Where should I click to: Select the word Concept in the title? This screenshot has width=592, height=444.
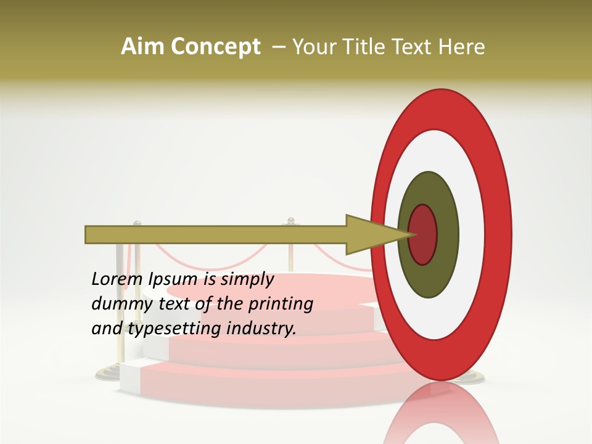[215, 47]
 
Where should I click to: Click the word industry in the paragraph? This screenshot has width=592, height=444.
[261, 329]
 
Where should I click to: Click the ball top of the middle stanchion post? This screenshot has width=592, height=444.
[290, 220]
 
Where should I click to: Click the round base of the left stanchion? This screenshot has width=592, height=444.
[110, 372]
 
